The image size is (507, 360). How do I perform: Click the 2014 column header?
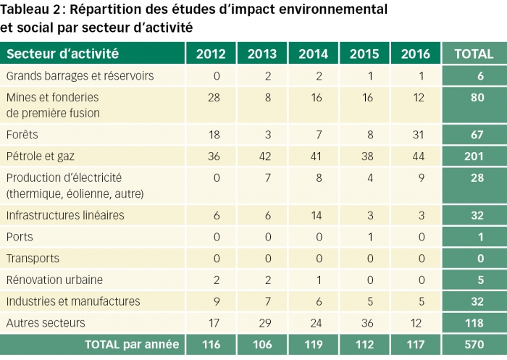point(313,54)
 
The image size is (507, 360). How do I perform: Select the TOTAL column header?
point(474,54)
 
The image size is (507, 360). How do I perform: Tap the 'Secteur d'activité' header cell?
point(63,54)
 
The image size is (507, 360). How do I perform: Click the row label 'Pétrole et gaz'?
point(41,156)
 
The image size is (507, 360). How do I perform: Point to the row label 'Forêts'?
point(22,135)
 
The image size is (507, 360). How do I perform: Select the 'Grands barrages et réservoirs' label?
point(80,76)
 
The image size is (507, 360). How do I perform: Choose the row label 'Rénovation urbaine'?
point(54,280)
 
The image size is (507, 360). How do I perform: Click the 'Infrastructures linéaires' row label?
point(65,215)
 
